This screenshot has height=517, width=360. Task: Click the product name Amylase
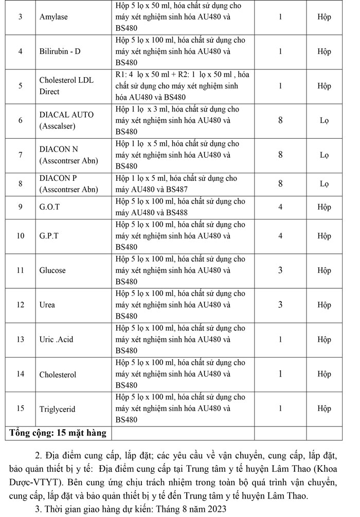click(53, 17)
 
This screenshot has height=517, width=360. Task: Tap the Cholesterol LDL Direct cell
click(66, 86)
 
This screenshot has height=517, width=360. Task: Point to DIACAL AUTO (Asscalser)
click(66, 120)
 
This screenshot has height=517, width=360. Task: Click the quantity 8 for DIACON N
click(280, 155)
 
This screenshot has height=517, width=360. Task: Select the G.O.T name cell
click(50, 207)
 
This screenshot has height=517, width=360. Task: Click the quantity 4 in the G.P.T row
click(280, 236)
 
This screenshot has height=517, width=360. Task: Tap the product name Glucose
click(52, 270)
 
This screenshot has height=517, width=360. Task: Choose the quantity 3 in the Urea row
click(280, 305)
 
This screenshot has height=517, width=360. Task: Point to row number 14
click(20, 374)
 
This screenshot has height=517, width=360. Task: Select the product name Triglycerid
click(57, 409)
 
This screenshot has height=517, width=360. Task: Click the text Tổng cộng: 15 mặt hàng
click(58, 433)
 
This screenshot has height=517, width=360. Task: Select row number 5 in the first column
click(20, 86)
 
